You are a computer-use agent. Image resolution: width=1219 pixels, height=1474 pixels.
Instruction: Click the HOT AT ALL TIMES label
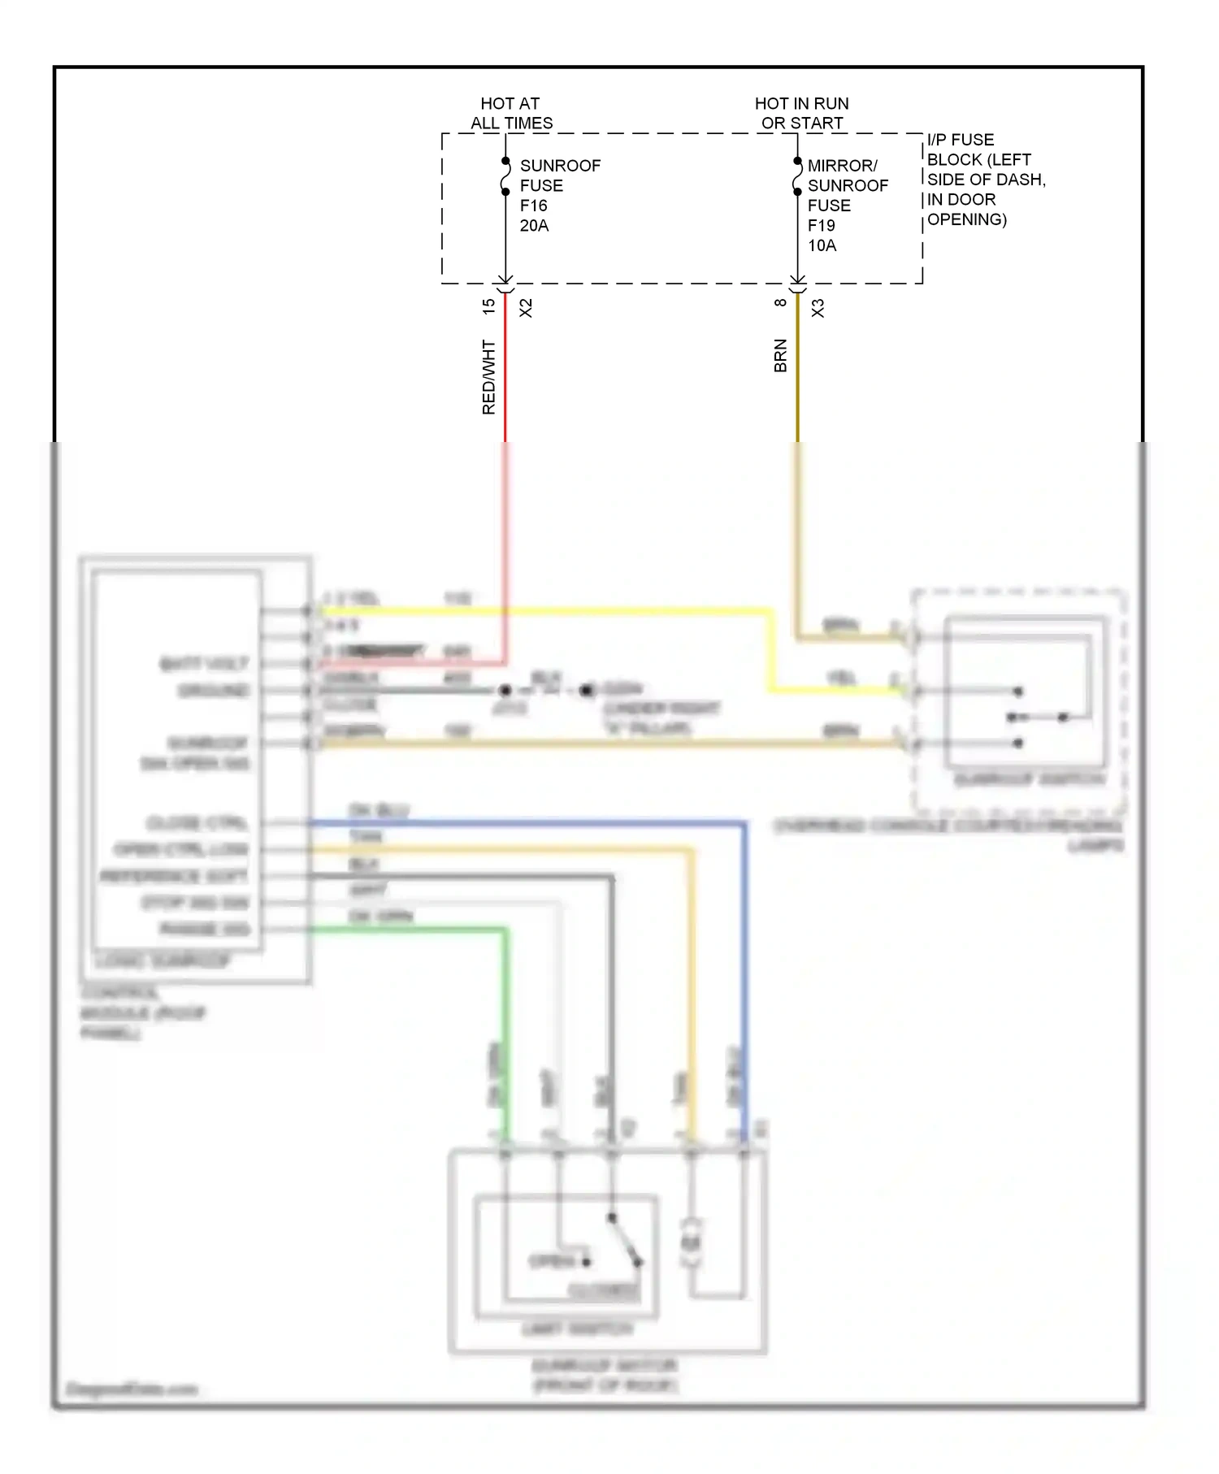tap(511, 114)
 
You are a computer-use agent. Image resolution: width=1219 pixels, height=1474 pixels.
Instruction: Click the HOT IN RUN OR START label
tap(801, 114)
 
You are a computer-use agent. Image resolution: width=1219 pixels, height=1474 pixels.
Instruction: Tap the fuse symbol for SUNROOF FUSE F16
tap(505, 176)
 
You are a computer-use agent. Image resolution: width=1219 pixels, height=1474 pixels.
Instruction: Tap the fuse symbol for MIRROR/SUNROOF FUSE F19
tap(797, 176)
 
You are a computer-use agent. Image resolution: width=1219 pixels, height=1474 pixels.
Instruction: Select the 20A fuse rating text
tap(534, 226)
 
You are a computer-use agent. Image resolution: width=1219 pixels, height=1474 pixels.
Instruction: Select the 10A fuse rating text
tap(822, 245)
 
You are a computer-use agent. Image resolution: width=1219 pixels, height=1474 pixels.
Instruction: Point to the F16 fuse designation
tap(533, 206)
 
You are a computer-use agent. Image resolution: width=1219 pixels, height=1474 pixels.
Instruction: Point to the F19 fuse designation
tap(821, 225)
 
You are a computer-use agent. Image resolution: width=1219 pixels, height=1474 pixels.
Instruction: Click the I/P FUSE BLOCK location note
tap(985, 180)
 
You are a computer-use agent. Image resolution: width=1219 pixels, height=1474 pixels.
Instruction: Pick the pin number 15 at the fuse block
tap(488, 307)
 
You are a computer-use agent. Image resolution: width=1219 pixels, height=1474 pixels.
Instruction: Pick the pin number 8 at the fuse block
tap(780, 303)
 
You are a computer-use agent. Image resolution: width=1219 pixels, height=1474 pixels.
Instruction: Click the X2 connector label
tap(526, 308)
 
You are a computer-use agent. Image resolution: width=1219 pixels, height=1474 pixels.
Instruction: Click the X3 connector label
tap(818, 308)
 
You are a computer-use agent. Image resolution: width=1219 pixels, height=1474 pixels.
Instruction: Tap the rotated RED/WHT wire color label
tap(488, 377)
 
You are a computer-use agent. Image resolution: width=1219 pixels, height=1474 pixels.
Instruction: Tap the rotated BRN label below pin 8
tap(780, 356)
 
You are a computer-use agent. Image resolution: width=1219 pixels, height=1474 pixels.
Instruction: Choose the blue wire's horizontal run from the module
tap(528, 823)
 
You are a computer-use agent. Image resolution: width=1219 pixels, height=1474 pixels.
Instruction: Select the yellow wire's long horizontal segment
tap(544, 610)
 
